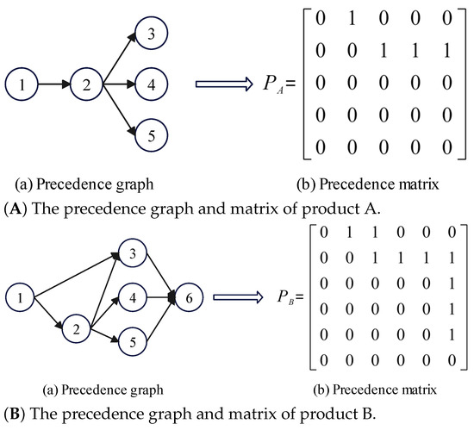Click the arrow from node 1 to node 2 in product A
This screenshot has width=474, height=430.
[x=54, y=86]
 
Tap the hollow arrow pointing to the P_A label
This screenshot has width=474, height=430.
[x=222, y=84]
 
